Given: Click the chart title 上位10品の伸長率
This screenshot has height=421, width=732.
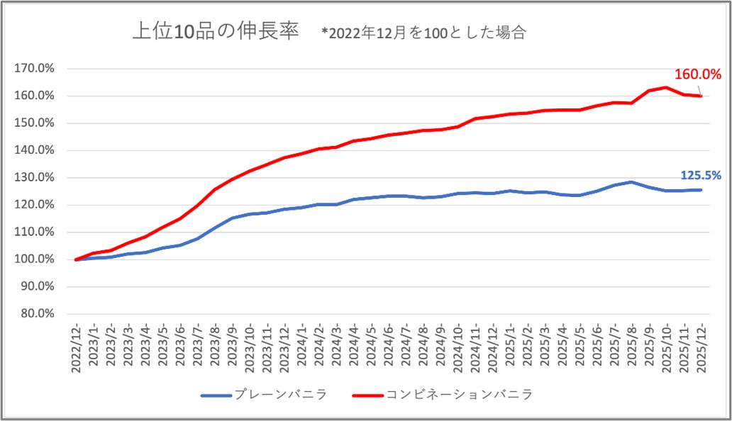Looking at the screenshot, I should point(216,33).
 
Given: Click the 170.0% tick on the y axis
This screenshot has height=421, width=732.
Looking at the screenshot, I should point(35,69).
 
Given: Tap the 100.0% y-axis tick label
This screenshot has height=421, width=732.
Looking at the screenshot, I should point(35,259).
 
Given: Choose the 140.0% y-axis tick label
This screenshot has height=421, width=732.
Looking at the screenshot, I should point(35,150).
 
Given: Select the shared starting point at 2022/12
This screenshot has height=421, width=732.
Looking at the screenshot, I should point(77,259).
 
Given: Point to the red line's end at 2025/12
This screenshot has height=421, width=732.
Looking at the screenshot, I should point(701,96).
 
